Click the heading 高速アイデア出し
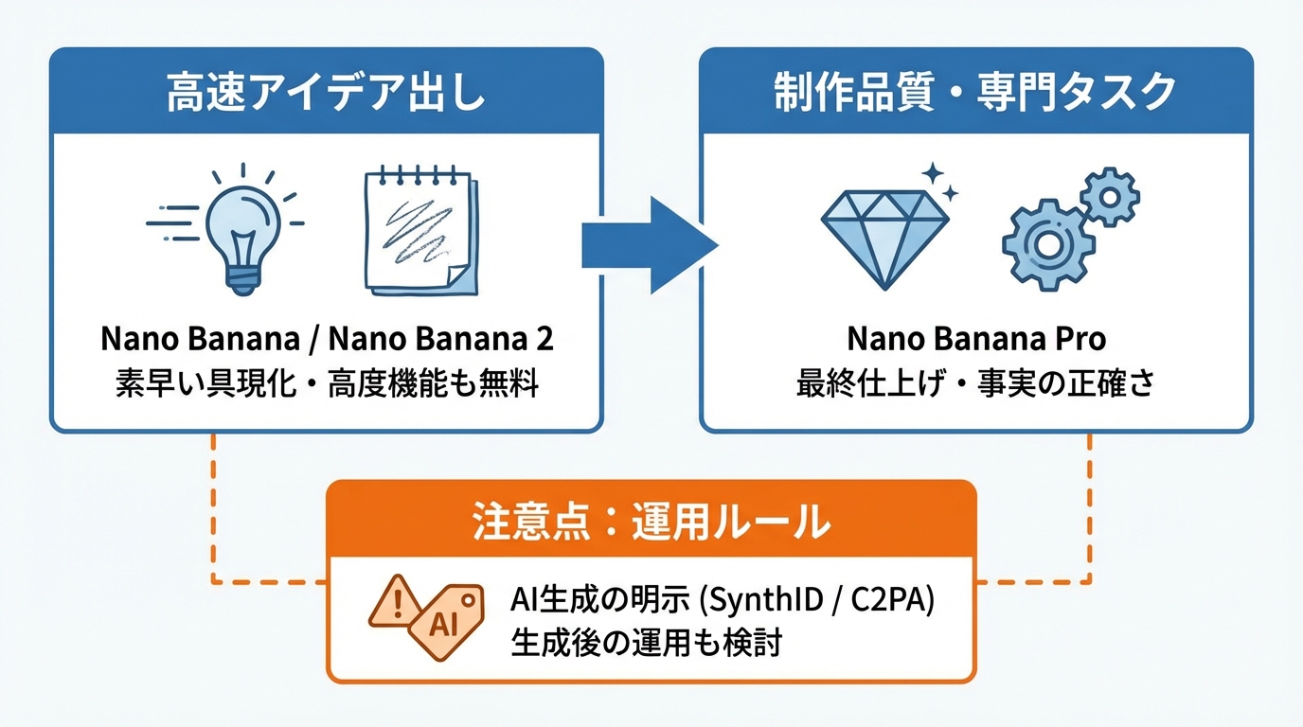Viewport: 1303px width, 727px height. tap(326, 93)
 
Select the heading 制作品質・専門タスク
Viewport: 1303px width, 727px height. tap(975, 93)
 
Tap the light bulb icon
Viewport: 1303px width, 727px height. tap(244, 227)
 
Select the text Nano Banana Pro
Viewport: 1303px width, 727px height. tap(976, 339)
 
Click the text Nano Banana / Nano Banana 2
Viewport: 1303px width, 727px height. tap(326, 339)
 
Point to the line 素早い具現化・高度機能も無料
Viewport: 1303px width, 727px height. tap(326, 384)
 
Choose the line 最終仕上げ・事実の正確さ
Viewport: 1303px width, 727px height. tap(976, 384)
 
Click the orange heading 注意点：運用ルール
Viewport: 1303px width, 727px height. tap(651, 520)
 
